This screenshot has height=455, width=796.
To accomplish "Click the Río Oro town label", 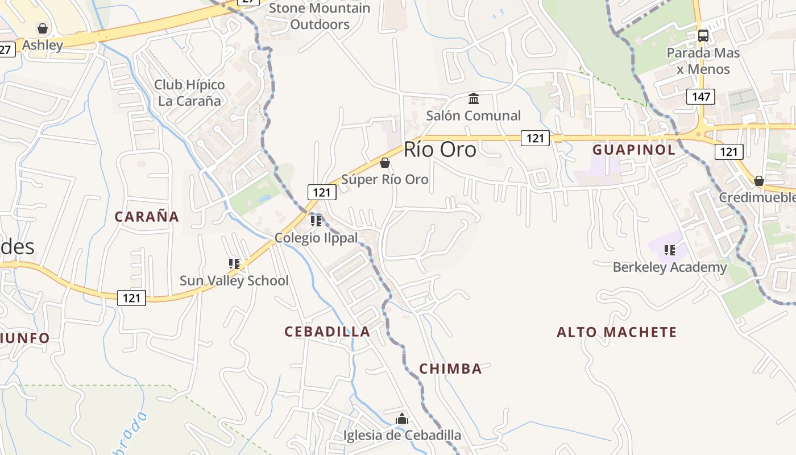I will [x=440, y=150].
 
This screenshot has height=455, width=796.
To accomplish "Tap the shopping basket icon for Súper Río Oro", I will [x=385, y=163].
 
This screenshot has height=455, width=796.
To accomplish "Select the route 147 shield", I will [x=700, y=96].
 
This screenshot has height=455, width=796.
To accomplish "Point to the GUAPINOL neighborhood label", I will [x=634, y=150].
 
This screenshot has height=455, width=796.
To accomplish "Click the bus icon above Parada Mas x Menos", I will [x=703, y=35].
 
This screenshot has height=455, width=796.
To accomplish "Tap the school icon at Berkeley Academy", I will [x=670, y=250].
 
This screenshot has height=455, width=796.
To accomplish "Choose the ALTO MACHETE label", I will [x=617, y=332].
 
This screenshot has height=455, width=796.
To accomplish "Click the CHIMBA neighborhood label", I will [x=450, y=369].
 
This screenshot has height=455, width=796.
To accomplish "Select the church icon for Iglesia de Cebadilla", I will [x=402, y=419].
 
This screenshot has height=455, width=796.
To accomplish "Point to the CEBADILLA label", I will [x=327, y=332].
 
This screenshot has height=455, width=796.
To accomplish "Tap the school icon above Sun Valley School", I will [x=234, y=263].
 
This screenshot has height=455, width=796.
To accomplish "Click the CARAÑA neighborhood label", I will [x=147, y=217].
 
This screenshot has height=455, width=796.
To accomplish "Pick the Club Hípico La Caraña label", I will [x=189, y=93].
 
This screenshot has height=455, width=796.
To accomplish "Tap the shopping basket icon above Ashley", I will [x=42, y=28].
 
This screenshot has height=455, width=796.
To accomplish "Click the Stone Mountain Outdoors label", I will [x=320, y=16].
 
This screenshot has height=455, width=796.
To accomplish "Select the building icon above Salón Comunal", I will [x=473, y=99].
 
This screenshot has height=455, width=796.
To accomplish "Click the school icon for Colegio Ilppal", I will [x=316, y=221].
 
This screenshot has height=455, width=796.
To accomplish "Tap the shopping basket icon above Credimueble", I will [x=758, y=181].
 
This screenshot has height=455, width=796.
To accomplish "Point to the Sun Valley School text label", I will [x=234, y=280].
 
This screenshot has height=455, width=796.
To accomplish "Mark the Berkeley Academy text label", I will [x=670, y=267].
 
